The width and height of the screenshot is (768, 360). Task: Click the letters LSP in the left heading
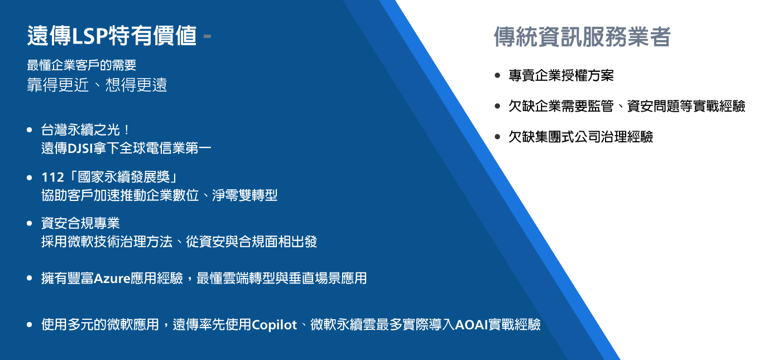click(89, 36)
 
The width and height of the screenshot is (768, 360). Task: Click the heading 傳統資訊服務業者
click(582, 36)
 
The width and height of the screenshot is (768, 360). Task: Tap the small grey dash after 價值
click(207, 36)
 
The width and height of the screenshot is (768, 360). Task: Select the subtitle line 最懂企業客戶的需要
click(81, 65)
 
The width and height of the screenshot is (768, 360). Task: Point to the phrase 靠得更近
click(58, 85)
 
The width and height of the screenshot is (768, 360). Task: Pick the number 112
click(53, 177)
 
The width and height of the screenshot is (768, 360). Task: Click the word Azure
click(112, 279)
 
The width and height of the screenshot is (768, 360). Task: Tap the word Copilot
click(274, 325)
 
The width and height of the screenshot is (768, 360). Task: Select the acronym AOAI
click(472, 325)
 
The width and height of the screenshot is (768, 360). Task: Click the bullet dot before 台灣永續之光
click(30, 130)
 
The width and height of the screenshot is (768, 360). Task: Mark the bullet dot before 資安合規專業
click(30, 224)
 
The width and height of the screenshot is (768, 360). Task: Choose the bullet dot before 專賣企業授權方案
click(497, 75)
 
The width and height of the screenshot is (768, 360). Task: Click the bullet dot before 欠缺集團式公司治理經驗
click(497, 137)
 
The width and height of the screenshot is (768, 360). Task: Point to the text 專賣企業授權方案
click(561, 75)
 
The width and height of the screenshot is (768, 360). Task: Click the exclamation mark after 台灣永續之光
click(127, 130)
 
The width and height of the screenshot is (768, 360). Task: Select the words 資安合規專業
click(80, 224)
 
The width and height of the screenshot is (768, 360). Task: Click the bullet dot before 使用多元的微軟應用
click(30, 325)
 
